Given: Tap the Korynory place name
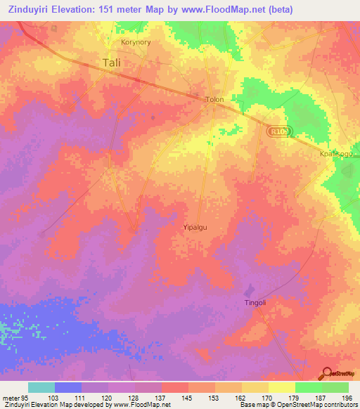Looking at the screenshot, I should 136,41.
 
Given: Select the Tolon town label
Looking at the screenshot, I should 214,100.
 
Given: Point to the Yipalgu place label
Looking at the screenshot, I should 195,228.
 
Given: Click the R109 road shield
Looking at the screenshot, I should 278,130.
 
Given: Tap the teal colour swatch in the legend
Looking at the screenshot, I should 41,387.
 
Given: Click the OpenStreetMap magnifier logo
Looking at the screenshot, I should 326,373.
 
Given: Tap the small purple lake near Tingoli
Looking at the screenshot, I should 247,290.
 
